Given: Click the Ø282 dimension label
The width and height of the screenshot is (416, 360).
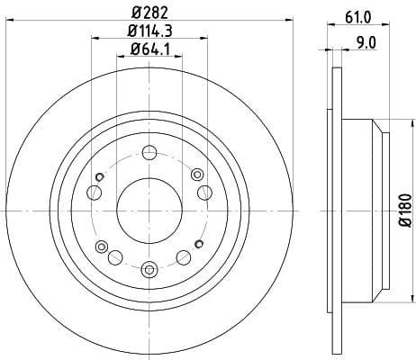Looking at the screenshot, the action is (149, 13).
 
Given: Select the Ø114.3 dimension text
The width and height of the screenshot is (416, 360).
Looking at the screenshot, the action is (149, 31).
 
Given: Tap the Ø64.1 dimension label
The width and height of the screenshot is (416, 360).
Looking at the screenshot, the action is (149, 49).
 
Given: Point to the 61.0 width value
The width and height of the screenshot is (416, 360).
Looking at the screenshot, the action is (358, 18).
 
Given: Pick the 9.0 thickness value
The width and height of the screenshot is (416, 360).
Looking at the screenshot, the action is (366, 43).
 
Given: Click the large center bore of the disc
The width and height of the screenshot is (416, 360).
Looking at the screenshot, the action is (149, 211).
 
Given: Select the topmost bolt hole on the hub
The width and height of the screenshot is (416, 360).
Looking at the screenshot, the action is (149, 153).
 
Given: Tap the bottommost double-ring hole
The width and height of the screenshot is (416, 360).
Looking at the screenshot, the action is (149, 269).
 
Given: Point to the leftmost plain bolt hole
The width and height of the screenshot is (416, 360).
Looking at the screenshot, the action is (94, 193).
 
